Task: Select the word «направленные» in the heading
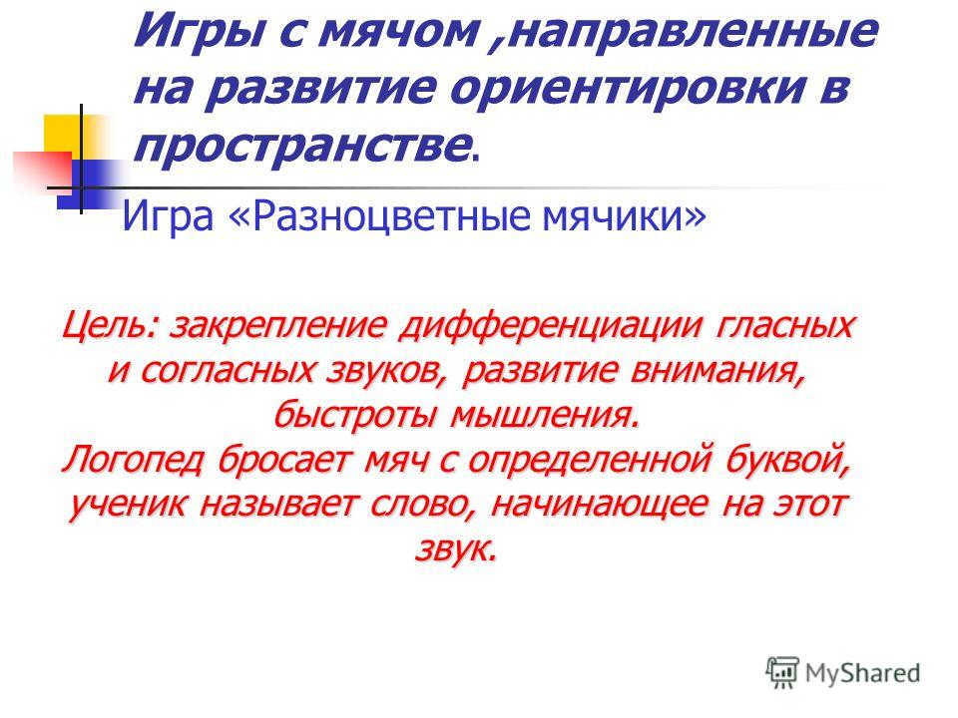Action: pyautogui.click(x=693, y=31)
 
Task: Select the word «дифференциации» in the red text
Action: pyautogui.click(x=551, y=325)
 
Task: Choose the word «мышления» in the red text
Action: pyautogui.click(x=546, y=416)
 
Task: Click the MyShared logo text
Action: pyautogui.click(x=862, y=673)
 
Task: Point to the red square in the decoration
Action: pyautogui.click(x=43, y=170)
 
